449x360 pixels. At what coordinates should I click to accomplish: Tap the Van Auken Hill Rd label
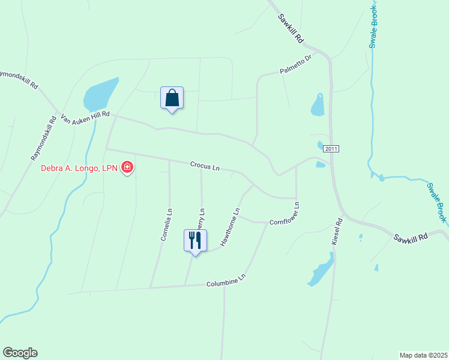point(86,118)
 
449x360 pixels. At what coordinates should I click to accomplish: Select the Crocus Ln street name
point(205,166)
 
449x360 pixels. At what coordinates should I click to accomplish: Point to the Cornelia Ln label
point(166,224)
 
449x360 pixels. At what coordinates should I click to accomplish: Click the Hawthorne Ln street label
point(231,227)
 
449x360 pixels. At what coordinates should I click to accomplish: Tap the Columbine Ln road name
point(226,280)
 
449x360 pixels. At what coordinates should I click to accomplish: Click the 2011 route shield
point(331,148)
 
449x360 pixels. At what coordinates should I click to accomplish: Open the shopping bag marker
point(172,98)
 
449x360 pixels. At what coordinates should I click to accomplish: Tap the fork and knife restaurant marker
point(194,241)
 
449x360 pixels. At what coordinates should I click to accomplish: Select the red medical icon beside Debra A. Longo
point(127,167)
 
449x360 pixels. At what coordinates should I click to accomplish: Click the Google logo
point(20,353)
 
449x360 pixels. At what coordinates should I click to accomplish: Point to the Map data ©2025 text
point(423,355)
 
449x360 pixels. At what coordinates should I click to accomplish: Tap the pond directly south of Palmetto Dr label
point(318,105)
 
